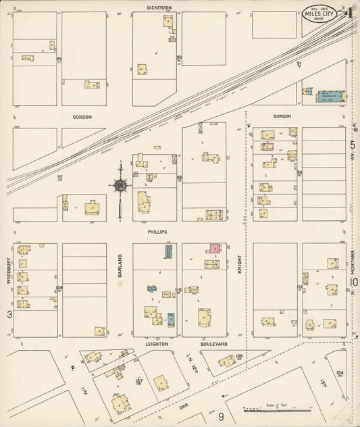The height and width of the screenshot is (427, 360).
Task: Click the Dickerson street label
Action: point(159,7)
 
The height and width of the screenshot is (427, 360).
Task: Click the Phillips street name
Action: point(157,231)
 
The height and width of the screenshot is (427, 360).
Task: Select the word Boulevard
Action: point(213,344)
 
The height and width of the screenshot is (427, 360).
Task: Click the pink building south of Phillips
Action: point(215,248)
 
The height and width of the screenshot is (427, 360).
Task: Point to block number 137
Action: point(139,382)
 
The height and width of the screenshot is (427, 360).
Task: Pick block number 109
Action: point(59,288)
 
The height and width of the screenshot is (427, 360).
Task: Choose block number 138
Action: point(238,356)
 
